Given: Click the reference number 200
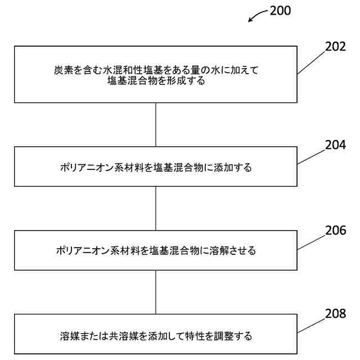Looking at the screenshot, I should tap(280, 11).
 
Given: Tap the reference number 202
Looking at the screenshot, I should tap(335, 47).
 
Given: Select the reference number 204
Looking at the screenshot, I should tap(335, 145).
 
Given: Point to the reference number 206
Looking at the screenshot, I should tap(335, 230).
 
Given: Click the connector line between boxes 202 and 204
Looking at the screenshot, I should tap(156, 125).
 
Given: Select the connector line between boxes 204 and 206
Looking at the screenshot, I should tap(156, 208).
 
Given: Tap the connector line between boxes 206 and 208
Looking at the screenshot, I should tap(156, 292).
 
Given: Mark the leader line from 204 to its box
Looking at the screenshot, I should tap(311, 157).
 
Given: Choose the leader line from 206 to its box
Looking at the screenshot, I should tap(311, 242).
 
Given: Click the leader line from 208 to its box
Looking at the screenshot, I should tap(311, 326).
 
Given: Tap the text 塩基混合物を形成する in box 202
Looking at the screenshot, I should tap(156, 81).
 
